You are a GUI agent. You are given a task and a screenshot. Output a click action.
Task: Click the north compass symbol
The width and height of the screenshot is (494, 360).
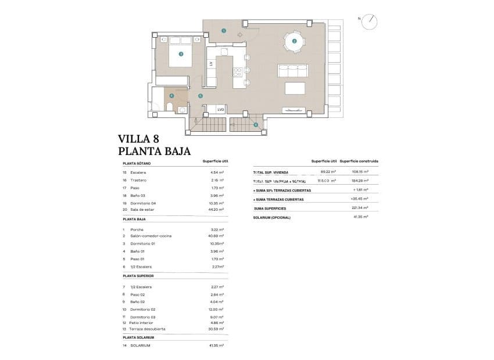pyautogui.click(x=369, y=22)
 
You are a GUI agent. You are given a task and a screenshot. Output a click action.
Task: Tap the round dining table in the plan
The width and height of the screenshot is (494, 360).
pyautogui.click(x=294, y=41)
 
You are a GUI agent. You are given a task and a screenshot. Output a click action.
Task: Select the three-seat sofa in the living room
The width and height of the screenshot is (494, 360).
pyautogui.click(x=292, y=70)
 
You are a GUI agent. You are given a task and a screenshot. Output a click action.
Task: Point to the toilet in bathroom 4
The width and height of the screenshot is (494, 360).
pyautogui.click(x=169, y=106)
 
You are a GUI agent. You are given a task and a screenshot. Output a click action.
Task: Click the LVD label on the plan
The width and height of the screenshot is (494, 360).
pyautogui.click(x=220, y=109)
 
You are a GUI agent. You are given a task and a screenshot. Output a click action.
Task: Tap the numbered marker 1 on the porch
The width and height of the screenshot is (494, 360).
pyautogui.click(x=224, y=30)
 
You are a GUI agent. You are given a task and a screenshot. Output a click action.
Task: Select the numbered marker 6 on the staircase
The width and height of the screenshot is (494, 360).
pyautogui.click(x=256, y=124)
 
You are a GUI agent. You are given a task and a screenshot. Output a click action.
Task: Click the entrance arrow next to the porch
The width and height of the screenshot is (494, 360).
pyautogui.click(x=240, y=35)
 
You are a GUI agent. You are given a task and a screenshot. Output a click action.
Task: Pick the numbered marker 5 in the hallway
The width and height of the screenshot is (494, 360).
pyautogui.click(x=200, y=96)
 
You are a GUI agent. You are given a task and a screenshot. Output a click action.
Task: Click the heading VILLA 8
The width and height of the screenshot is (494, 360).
pyautogui.click(x=138, y=139)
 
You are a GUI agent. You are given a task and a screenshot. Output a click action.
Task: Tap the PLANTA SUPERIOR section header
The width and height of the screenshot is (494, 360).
pyautogui.click(x=138, y=276)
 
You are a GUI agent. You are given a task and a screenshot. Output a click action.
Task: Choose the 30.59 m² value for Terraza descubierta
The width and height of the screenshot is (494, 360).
pyautogui.click(x=217, y=329)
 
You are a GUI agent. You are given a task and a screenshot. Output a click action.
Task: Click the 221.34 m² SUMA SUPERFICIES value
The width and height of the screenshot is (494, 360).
pyautogui.click(x=360, y=207)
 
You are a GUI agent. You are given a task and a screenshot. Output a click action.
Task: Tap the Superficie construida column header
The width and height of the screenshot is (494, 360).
pyautogui.click(x=359, y=161)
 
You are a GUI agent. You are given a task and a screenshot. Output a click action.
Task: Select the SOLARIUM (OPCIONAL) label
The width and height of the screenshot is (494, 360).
pyautogui.click(x=271, y=217)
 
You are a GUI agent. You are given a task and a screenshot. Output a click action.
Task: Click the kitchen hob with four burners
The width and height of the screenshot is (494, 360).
pyautogui.click(x=237, y=72)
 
